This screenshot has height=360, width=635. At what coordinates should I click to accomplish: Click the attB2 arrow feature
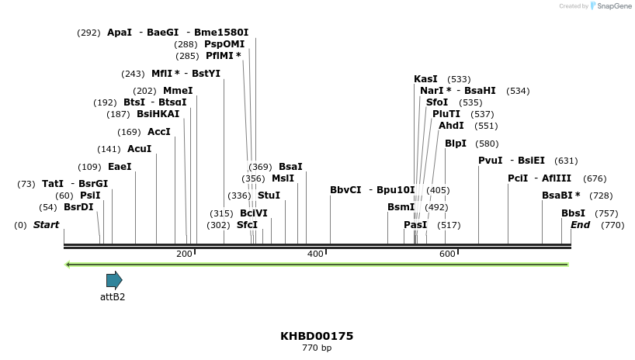click(114, 280)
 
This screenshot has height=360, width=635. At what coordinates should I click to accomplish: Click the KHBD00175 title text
click(317, 336)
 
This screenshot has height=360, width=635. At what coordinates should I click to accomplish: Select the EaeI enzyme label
click(120, 167)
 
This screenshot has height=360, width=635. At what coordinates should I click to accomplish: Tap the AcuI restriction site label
click(139, 149)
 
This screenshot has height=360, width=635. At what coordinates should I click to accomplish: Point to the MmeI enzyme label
click(178, 91)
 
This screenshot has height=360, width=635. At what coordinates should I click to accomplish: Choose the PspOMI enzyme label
click(224, 44)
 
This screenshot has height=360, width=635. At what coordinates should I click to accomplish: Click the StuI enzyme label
click(269, 196)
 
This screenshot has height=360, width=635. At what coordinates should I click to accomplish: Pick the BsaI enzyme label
click(290, 167)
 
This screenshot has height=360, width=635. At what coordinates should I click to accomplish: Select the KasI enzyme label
click(425, 79)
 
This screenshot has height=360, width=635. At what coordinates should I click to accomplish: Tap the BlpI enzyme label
click(456, 144)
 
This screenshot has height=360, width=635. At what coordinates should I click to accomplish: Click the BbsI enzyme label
click(574, 213)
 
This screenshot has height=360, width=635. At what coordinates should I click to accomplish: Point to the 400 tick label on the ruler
click(316, 254)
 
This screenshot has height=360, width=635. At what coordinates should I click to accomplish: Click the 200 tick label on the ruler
click(184, 254)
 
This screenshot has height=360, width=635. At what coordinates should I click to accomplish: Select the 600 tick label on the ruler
click(447, 254)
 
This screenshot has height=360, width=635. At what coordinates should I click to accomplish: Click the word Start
click(46, 225)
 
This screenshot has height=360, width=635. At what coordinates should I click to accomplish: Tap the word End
click(580, 225)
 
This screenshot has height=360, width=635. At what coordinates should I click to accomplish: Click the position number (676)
click(595, 178)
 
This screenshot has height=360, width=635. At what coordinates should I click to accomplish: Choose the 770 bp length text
click(317, 348)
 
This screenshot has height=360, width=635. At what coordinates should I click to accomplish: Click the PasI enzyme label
click(415, 225)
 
